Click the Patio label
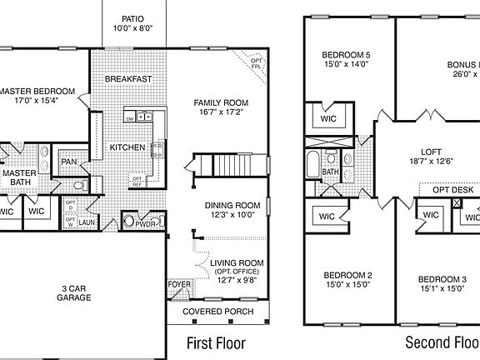pos(132,18)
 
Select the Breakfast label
pos(128,79)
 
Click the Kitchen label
pos(127,147)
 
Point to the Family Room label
pos(221,102)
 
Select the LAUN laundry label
pos(86,223)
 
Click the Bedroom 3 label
pos(442,278)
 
